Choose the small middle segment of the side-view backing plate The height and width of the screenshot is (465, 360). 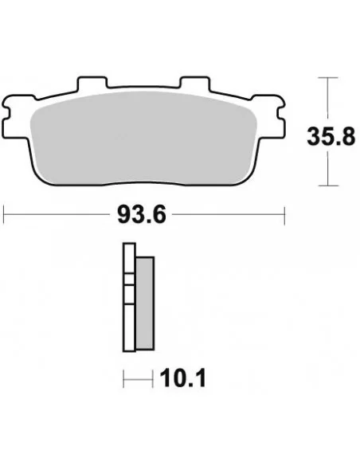pos(126,291)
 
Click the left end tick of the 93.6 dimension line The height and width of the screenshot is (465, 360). pos(5,213)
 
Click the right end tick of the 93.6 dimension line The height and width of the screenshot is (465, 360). pos(284,213)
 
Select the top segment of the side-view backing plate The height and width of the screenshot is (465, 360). pos(126,262)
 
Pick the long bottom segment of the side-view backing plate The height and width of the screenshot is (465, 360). pos(126,326)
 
